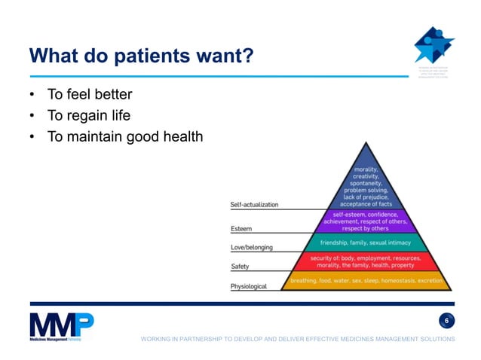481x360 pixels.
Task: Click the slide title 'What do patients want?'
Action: [x=140, y=56]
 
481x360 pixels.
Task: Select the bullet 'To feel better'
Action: [x=89, y=95]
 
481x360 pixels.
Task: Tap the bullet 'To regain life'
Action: [x=88, y=115]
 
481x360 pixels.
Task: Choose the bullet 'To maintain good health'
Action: [x=125, y=136]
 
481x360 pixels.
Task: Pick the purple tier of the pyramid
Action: [x=365, y=221]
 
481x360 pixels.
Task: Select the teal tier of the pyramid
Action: [x=365, y=243]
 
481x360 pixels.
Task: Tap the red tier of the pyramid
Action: [x=365, y=261]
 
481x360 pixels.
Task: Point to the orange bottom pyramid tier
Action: [x=365, y=281]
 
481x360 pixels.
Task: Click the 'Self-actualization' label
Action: [x=254, y=205]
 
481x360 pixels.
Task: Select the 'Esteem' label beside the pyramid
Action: [x=241, y=229]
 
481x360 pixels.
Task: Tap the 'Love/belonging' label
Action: [x=251, y=248]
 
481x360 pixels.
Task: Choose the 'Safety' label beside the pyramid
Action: [x=240, y=267]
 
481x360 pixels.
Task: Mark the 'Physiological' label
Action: [x=248, y=286]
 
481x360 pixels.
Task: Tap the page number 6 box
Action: [x=446, y=322]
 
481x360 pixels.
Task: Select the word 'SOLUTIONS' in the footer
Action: [x=437, y=340]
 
